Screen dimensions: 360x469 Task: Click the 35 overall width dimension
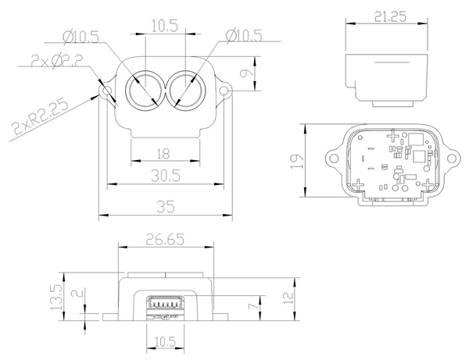click(x=166, y=208)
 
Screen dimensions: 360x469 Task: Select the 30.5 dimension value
click(x=166, y=176)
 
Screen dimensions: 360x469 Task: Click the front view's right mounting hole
click(x=224, y=93)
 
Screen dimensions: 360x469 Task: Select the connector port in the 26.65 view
click(x=166, y=304)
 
